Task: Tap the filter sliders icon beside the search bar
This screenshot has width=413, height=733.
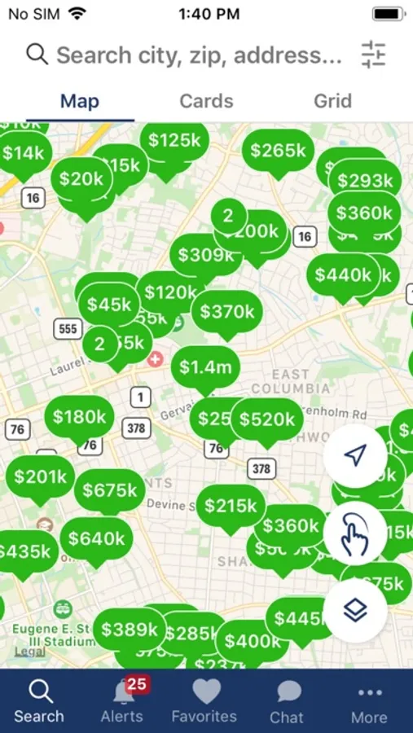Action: click(x=373, y=55)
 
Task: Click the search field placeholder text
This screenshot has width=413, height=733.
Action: click(x=199, y=55)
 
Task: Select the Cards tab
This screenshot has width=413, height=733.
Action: click(x=206, y=101)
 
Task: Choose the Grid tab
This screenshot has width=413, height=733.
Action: click(x=332, y=101)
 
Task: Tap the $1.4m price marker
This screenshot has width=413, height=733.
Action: click(x=205, y=367)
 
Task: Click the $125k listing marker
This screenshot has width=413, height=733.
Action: click(x=174, y=141)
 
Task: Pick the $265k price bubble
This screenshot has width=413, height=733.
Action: click(x=278, y=151)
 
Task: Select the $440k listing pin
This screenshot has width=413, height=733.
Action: click(x=343, y=275)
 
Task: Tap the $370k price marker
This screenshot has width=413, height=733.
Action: click(x=228, y=311)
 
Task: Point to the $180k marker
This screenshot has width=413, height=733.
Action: click(x=79, y=417)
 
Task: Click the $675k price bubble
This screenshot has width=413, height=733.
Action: click(x=110, y=490)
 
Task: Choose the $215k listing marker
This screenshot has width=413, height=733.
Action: click(x=231, y=506)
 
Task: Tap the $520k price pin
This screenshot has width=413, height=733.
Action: click(x=267, y=419)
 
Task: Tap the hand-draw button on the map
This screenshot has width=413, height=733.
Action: click(x=354, y=534)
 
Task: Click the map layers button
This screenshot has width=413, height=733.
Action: click(x=354, y=611)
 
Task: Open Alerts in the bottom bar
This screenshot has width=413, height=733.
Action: click(x=122, y=701)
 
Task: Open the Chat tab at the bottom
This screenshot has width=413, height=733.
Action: click(x=287, y=701)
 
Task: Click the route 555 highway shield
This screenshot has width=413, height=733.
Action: click(x=68, y=329)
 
